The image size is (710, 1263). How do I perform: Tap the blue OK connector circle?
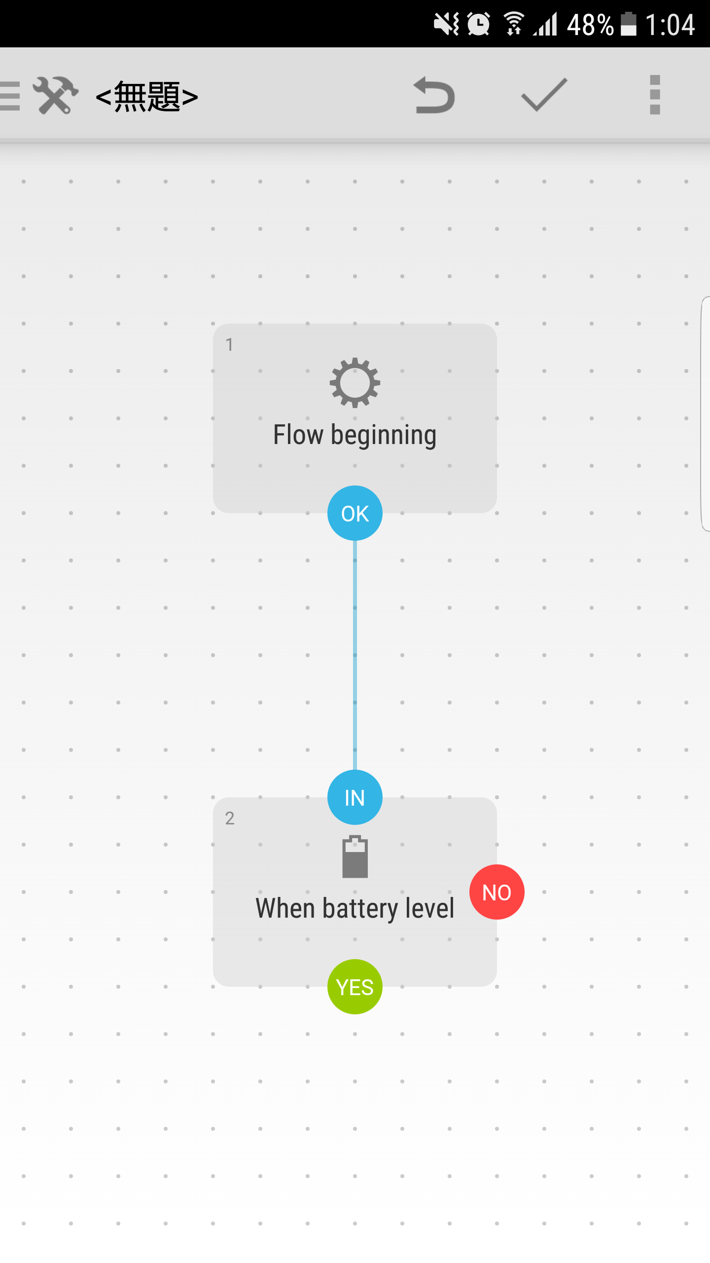pos(355,513)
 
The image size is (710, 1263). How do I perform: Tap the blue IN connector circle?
pos(355,797)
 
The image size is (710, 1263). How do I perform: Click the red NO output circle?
pos(497,892)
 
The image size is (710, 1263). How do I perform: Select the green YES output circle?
pos(355,987)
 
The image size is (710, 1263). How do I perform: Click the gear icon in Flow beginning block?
pos(355,383)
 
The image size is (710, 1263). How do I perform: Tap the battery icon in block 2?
pos(355,856)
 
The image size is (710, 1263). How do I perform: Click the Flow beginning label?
pos(355,435)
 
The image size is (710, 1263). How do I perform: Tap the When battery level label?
pos(355,909)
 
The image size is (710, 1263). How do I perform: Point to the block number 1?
pos(229,345)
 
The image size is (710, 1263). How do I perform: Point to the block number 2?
pos(230,818)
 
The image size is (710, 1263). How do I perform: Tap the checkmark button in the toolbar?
pos(544,95)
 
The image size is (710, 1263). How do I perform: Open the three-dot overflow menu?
pos(655,95)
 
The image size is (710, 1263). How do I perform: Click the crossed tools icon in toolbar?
pos(56,95)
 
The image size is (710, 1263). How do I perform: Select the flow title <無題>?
pos(147,96)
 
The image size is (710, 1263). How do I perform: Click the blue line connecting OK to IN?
pos(355,655)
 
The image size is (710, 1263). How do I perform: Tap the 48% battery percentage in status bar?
pos(590,25)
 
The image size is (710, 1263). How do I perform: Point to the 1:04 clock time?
pos(670,25)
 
